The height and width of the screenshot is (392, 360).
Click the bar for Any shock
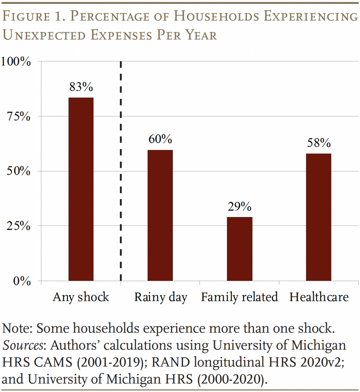(81, 189)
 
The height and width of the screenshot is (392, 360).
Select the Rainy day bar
(160, 215)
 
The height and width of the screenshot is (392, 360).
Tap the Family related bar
(239, 249)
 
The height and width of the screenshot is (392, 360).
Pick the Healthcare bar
(318, 217)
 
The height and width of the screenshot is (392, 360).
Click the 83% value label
(81, 87)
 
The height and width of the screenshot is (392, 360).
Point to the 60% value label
(160, 139)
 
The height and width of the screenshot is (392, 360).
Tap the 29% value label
(239, 207)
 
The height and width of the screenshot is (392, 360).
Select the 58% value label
(318, 143)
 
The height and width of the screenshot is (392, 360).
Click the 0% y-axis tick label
(21, 281)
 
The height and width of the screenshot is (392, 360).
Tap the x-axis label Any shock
(81, 297)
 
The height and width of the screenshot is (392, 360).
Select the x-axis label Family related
(239, 297)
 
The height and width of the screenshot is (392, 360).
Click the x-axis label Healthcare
(319, 297)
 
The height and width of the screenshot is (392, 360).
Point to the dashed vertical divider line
(121, 172)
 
